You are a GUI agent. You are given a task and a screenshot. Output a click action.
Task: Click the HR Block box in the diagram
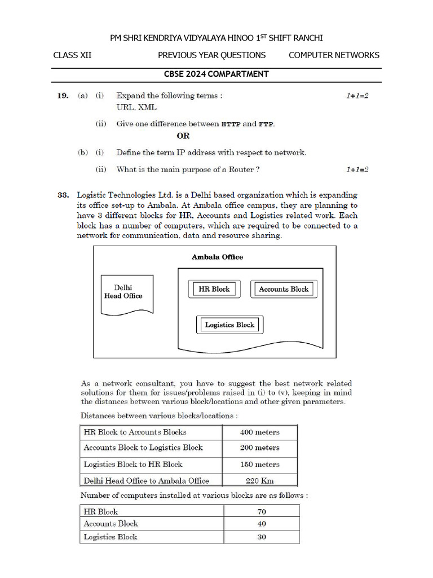(214, 289)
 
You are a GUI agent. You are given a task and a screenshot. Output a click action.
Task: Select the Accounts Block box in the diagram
(284, 289)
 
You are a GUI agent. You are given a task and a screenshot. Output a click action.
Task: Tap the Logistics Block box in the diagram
(229, 325)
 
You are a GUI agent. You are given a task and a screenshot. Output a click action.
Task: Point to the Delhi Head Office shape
(126, 292)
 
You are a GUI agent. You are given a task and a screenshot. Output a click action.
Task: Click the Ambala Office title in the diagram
(218, 257)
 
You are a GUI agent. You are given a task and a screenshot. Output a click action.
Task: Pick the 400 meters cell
(259, 432)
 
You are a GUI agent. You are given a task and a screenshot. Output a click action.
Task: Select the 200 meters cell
(259, 448)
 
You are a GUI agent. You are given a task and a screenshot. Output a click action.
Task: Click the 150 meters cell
(259, 465)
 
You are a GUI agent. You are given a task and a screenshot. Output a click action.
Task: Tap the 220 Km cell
(259, 481)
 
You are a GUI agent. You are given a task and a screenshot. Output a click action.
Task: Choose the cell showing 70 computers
(261, 512)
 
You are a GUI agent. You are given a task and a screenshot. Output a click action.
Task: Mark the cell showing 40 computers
(261, 524)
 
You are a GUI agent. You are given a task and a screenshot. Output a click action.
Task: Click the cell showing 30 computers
(261, 537)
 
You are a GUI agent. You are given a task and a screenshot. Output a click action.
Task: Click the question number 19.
(63, 96)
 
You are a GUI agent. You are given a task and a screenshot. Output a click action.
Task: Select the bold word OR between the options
(183, 136)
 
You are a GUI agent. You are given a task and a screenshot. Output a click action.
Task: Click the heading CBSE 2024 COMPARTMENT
(216, 74)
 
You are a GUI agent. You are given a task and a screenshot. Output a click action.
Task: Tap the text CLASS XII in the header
(72, 55)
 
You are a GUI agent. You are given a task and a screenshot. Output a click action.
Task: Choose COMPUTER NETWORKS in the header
(334, 55)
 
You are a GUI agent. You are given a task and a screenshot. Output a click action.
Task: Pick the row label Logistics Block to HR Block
(133, 465)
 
